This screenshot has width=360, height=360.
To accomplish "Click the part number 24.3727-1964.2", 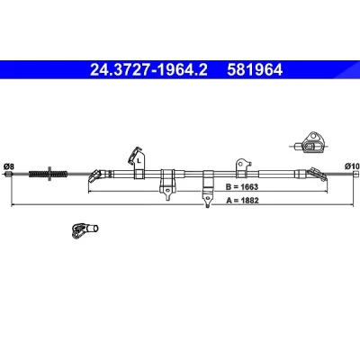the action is click(148, 70).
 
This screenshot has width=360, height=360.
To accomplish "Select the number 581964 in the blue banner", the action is click(255, 70).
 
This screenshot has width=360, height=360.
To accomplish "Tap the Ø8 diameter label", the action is click(8, 166).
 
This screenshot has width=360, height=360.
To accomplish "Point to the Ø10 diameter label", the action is click(352, 166).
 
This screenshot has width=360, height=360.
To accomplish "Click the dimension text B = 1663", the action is click(242, 187).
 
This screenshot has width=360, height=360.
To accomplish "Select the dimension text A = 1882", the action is click(242, 201).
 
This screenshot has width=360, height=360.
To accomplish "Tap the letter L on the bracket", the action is click(139, 161).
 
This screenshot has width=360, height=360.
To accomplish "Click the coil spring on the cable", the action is click(48, 174).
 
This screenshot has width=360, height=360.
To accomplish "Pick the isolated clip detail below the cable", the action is click(85, 230).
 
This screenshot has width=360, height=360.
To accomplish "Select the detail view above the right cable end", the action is click(310, 143).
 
